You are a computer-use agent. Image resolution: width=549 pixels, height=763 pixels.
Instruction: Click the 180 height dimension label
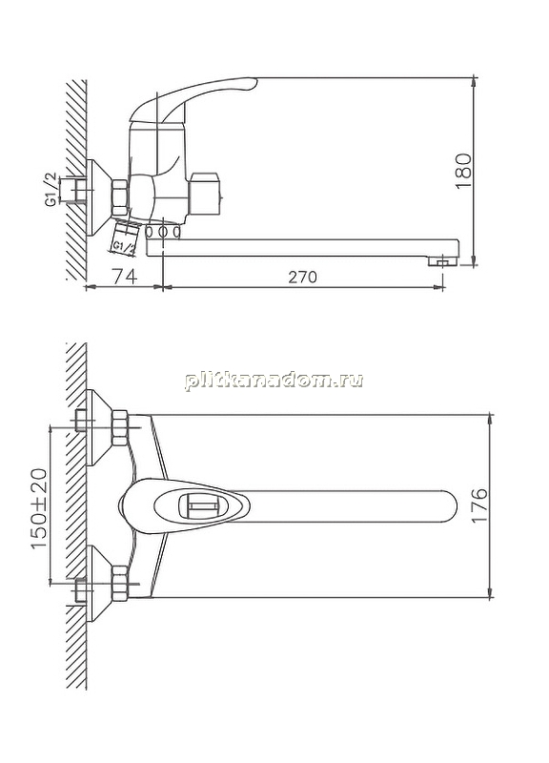(464, 172)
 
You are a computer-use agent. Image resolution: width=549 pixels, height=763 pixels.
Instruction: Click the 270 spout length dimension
(302, 277)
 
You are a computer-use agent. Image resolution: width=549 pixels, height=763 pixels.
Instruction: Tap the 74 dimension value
(125, 277)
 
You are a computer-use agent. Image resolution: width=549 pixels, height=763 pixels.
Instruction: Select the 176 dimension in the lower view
(479, 505)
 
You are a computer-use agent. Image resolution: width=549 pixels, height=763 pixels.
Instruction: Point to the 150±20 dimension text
(39, 508)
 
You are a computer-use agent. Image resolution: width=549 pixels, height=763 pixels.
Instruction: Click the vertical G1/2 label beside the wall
(51, 190)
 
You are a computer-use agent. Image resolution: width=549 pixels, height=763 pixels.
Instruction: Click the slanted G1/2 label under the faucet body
(124, 247)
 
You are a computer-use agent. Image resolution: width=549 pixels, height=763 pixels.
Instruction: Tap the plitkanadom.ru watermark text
(274, 380)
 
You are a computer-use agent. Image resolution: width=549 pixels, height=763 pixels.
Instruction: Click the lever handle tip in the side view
(252, 83)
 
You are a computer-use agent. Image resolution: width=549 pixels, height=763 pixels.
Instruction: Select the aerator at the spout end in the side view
(442, 261)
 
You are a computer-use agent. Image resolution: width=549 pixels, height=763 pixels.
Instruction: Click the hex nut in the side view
(120, 197)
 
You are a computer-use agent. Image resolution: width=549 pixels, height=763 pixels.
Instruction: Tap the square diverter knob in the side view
(206, 194)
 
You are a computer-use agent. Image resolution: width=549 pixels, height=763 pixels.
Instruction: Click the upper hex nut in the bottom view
(120, 428)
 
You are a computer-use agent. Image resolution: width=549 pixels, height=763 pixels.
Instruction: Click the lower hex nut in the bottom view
(120, 584)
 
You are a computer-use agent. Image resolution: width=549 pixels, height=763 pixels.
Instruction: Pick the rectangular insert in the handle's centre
(199, 506)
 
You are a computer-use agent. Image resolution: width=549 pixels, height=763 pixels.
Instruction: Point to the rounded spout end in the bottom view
(448, 506)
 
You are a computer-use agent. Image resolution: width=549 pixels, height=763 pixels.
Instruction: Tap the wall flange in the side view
(99, 197)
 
